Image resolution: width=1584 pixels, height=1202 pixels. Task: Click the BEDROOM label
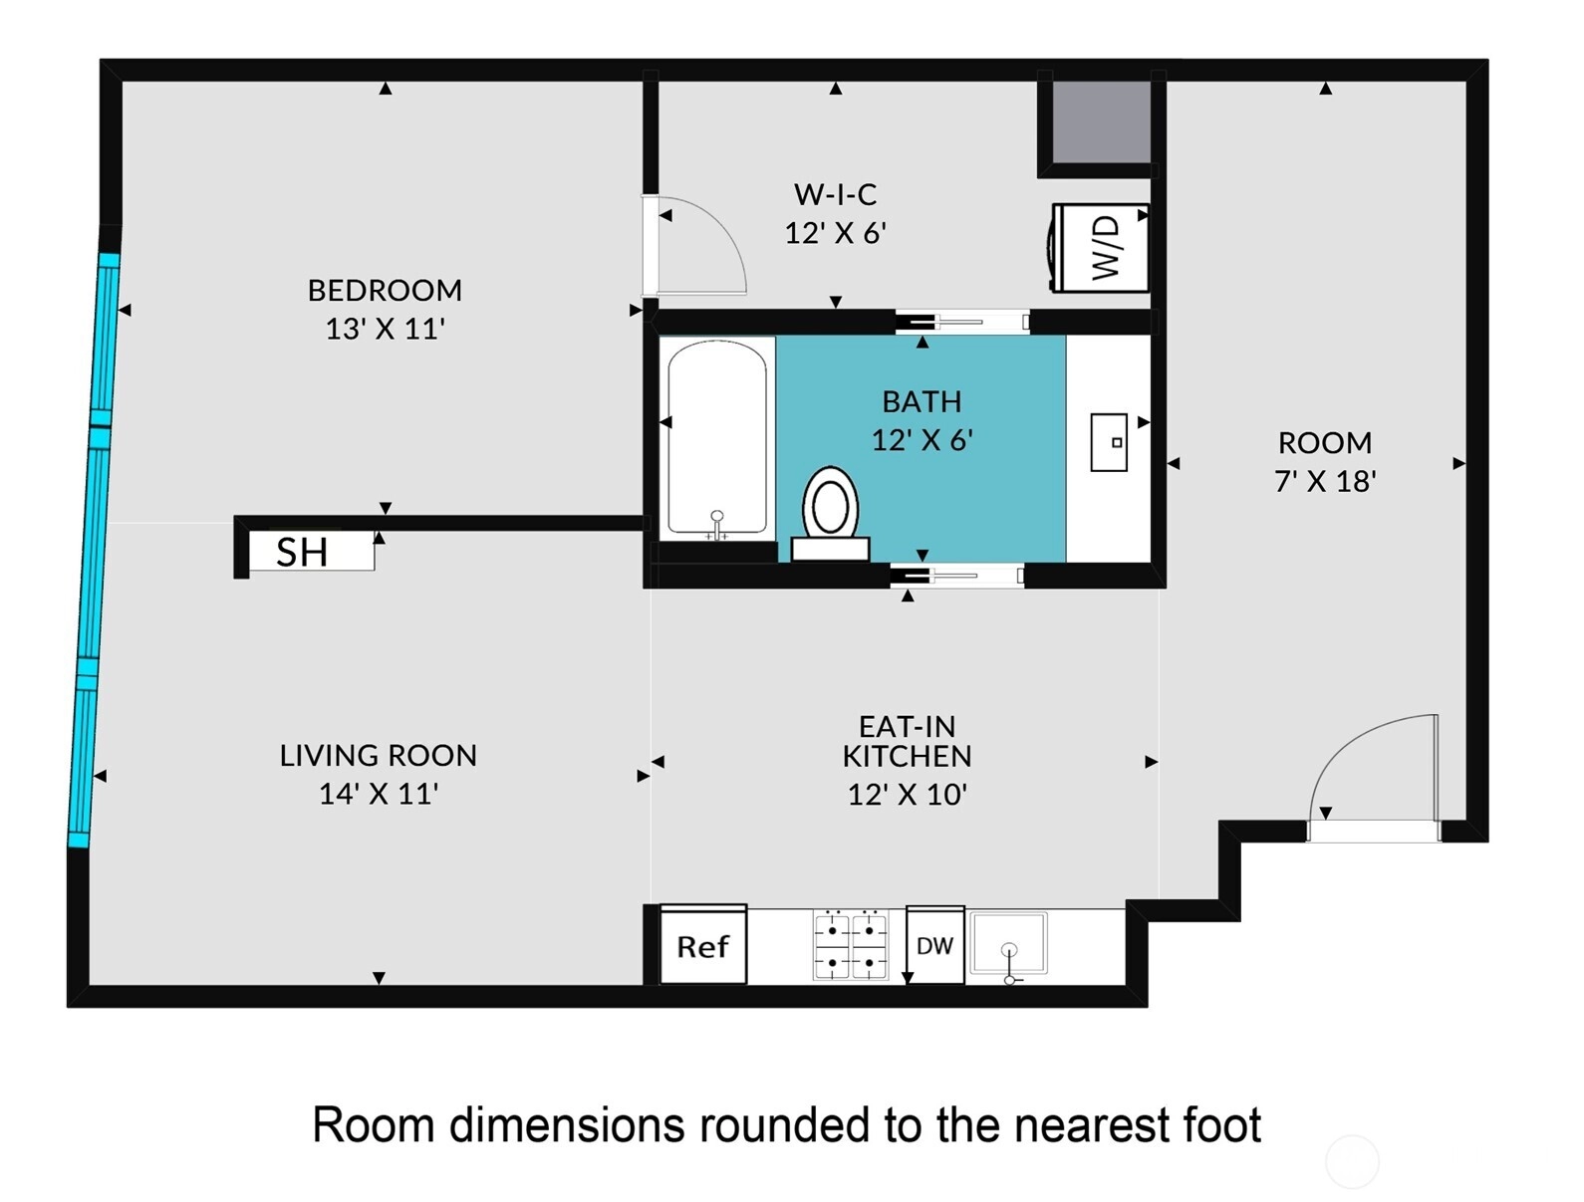tap(385, 291)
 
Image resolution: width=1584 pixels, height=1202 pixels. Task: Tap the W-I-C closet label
tap(835, 194)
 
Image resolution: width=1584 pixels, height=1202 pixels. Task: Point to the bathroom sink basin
tap(1109, 442)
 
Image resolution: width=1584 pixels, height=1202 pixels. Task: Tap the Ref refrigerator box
tap(703, 945)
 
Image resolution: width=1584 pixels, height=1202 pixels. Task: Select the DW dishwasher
tap(934, 945)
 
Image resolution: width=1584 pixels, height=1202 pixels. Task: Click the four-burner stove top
tap(850, 945)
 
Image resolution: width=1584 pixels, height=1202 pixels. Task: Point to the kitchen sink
tap(1009, 943)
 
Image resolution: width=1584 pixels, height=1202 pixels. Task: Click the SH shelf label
tap(302, 553)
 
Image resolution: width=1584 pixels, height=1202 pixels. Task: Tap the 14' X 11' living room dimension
tap(379, 794)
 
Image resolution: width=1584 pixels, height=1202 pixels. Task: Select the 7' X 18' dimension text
tap(1325, 482)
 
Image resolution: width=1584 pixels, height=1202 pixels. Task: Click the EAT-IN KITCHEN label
tap(908, 741)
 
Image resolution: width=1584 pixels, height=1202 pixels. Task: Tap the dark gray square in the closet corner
tap(1101, 122)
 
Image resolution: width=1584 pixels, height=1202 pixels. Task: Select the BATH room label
tap(922, 402)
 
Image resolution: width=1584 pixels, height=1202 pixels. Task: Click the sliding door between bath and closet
tap(962, 322)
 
